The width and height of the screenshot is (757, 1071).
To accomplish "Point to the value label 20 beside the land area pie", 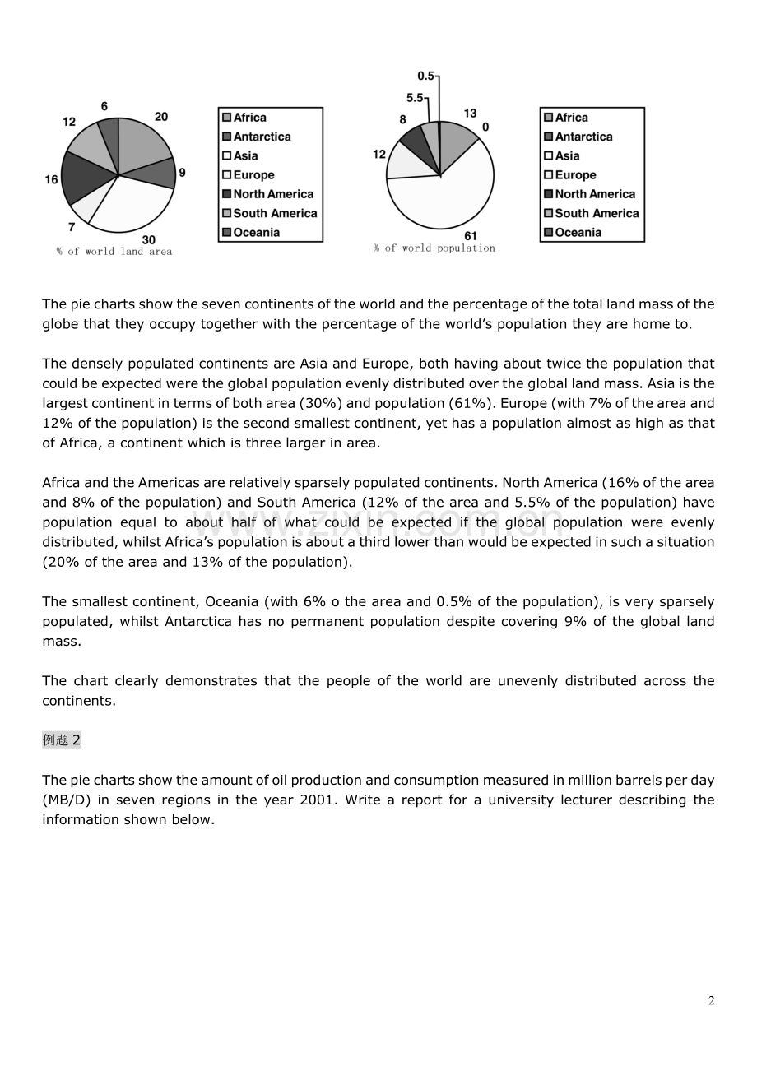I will pyautogui.click(x=161, y=117).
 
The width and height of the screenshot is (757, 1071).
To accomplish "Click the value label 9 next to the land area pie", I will pyautogui.click(x=182, y=173).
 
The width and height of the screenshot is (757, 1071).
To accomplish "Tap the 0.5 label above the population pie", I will pyautogui.click(x=425, y=76).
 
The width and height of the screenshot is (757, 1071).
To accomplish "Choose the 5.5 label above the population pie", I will pyautogui.click(x=415, y=97).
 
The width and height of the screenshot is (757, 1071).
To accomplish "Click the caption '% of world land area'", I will pyautogui.click(x=114, y=252).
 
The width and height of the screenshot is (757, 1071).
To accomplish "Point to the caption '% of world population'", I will pyautogui.click(x=434, y=248).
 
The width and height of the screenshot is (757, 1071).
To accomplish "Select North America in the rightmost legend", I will pyautogui.click(x=595, y=194).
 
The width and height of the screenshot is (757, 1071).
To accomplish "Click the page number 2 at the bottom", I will pyautogui.click(x=711, y=1001).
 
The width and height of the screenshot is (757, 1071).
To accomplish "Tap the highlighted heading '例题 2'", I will pyautogui.click(x=62, y=739).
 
